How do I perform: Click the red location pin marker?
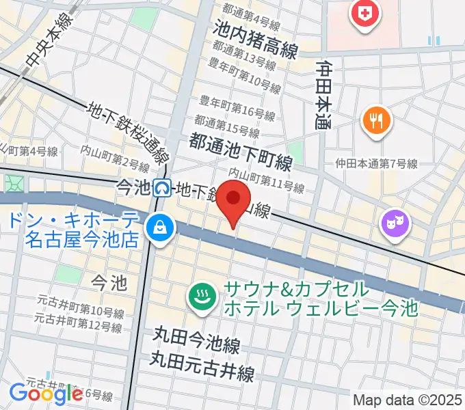pos(235,200)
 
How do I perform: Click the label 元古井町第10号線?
pos(81,307)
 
